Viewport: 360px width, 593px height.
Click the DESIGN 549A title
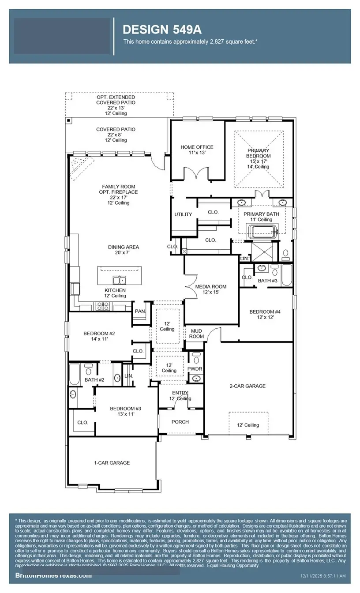[162, 30]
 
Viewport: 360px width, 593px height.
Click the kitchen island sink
[119, 280]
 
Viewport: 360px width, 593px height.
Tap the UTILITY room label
[183, 214]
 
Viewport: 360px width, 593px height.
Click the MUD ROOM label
[196, 333]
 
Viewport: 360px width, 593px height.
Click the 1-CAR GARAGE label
[112, 463]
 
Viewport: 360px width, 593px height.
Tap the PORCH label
[180, 422]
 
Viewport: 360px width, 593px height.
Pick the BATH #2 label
[94, 379]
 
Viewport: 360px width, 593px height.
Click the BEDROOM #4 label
[265, 315]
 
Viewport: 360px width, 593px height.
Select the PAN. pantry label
[140, 312]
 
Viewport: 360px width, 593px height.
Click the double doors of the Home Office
[197, 173]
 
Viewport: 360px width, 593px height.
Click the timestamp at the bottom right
[323, 576]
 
